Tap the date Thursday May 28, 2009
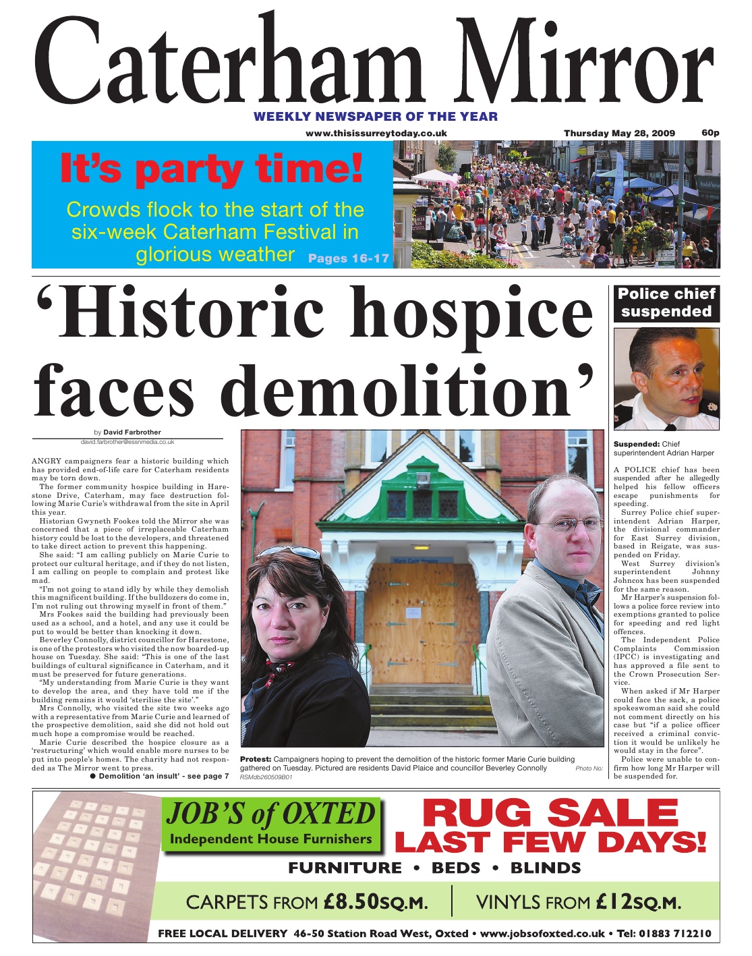click(x=618, y=133)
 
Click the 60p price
click(x=710, y=132)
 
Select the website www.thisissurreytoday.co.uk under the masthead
click(x=376, y=134)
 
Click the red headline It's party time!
click(x=211, y=169)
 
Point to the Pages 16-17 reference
click(x=348, y=258)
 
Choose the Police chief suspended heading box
click(x=666, y=303)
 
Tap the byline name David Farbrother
click(x=132, y=432)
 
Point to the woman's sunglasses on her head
click(x=297, y=553)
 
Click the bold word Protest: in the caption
click(x=256, y=759)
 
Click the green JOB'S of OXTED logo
click(x=271, y=822)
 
